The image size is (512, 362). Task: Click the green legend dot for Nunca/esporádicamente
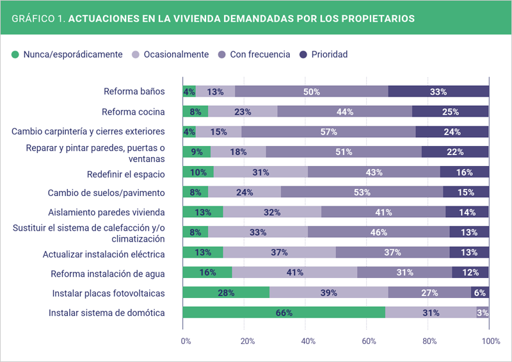[16, 54]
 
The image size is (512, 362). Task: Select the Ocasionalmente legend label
[176, 54]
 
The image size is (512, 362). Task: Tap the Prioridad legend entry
[329, 54]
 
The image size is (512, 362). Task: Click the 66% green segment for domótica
[284, 313]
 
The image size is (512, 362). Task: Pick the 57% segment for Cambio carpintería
[328, 132]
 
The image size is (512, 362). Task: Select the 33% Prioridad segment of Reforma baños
[438, 92]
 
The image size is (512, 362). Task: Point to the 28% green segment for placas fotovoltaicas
[226, 293]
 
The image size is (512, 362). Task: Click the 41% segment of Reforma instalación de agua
[294, 273]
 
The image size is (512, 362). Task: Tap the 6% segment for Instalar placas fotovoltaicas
[480, 293]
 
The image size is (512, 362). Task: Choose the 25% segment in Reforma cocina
[450, 111]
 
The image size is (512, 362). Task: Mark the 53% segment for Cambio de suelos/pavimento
[362, 192]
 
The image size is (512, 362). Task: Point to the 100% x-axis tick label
[490, 341]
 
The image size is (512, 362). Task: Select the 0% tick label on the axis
[186, 341]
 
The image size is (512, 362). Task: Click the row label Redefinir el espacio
[126, 174]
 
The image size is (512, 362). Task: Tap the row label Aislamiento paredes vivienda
[107, 212]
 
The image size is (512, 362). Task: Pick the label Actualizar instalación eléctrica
[104, 254]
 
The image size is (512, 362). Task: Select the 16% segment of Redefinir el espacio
[465, 172]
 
